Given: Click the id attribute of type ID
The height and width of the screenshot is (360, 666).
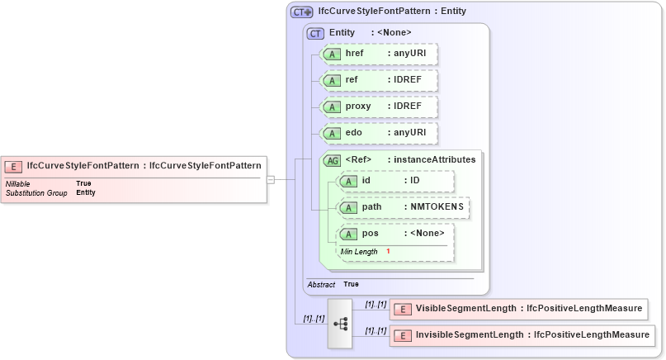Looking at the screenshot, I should [x=395, y=181].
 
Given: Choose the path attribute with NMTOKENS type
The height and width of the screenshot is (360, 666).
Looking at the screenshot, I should [x=404, y=207].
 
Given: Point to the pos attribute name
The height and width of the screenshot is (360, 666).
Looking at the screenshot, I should [x=371, y=234].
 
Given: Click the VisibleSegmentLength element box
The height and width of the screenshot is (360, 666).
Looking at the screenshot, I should [x=518, y=309].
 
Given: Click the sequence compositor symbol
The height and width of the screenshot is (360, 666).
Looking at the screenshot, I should [x=340, y=324].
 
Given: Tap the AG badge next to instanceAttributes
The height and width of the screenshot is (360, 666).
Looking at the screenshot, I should [x=332, y=160].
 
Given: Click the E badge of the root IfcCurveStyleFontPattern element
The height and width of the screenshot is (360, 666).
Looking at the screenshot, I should [x=14, y=165].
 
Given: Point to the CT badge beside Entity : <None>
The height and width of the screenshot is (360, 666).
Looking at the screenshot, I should [x=315, y=33].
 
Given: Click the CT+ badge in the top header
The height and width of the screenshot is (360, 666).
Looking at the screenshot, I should [x=302, y=12].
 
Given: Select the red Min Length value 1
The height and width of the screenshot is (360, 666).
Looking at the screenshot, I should [x=388, y=251].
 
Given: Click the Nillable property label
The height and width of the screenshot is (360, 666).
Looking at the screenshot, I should [x=19, y=183].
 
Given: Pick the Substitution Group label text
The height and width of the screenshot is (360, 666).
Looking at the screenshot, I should [x=36, y=192].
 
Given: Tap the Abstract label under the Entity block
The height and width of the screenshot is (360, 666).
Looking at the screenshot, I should [x=321, y=284].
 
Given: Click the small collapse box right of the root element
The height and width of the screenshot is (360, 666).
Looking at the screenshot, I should [x=270, y=178].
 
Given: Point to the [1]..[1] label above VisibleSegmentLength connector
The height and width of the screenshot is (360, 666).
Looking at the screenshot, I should [x=376, y=304].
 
